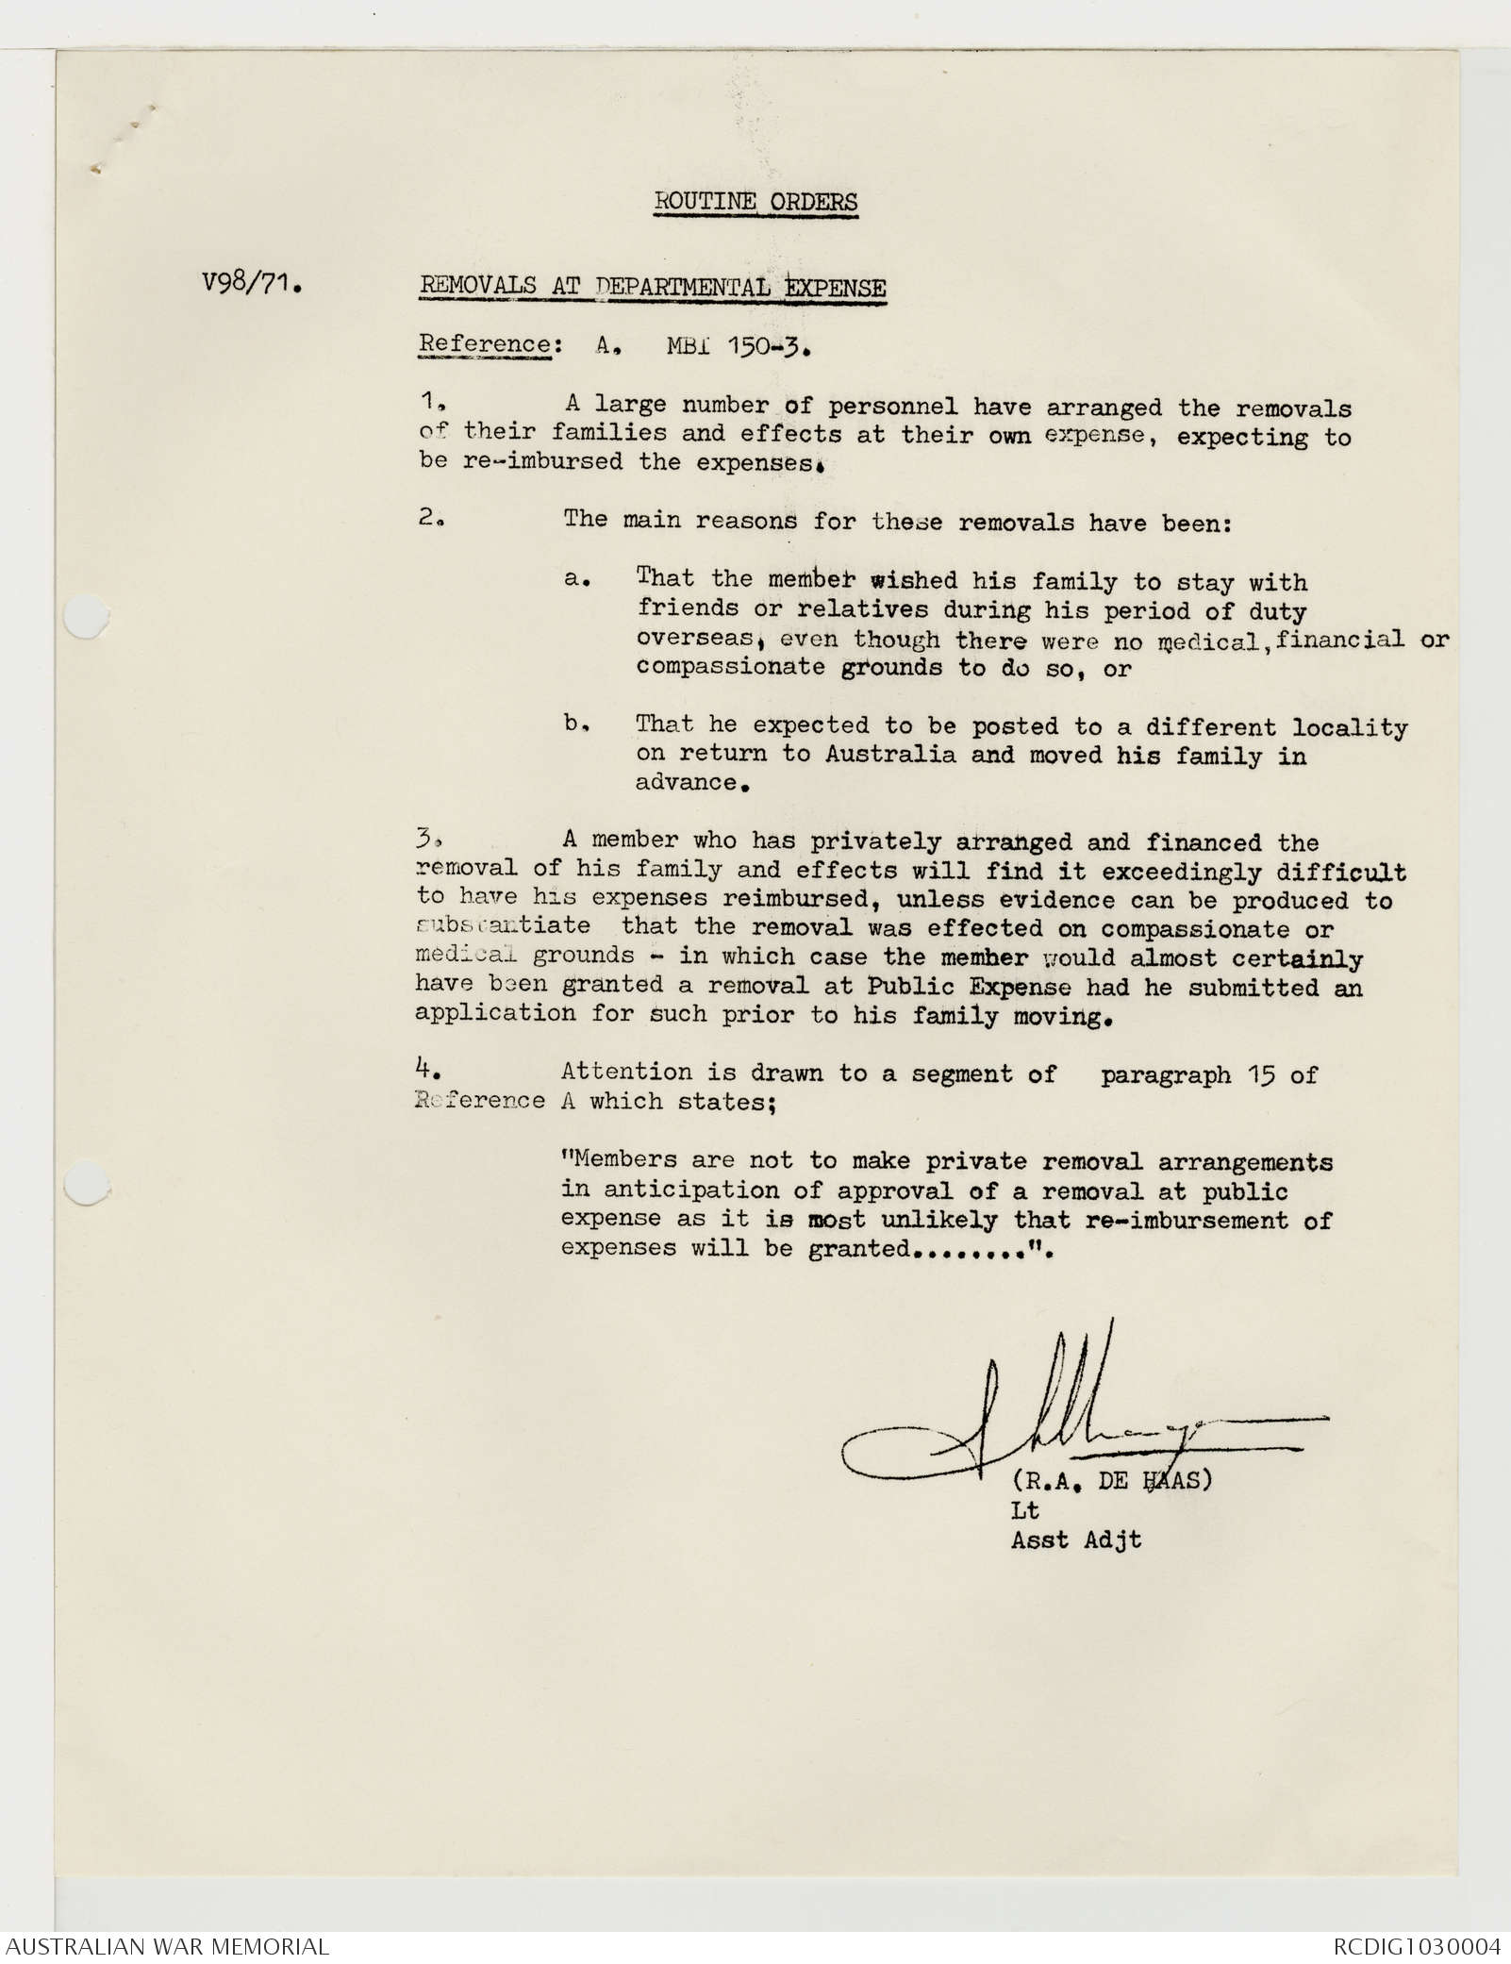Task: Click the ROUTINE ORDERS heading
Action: point(755,202)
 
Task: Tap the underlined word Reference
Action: point(484,343)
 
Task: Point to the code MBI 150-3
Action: point(738,346)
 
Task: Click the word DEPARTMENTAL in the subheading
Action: point(686,287)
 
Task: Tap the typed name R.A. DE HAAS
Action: point(1111,1480)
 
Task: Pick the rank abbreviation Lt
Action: point(1025,1510)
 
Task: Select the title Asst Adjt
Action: point(1076,1540)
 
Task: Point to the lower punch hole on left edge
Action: point(87,1183)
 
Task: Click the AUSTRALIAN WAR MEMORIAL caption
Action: point(165,1947)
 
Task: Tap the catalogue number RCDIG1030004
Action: point(1416,1947)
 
